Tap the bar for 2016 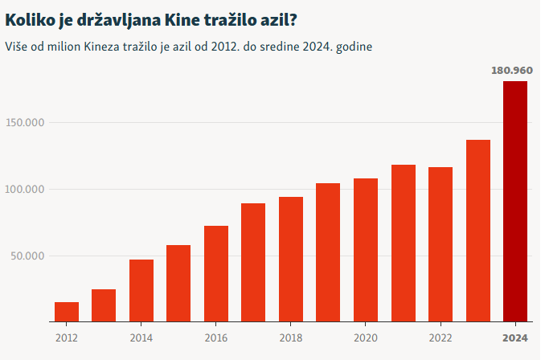(x=216, y=274)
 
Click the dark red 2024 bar (x=515, y=201)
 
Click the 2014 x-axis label (x=141, y=337)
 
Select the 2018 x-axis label (x=291, y=337)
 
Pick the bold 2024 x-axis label (x=515, y=337)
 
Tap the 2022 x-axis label (x=441, y=337)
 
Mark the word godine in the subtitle (x=353, y=47)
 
